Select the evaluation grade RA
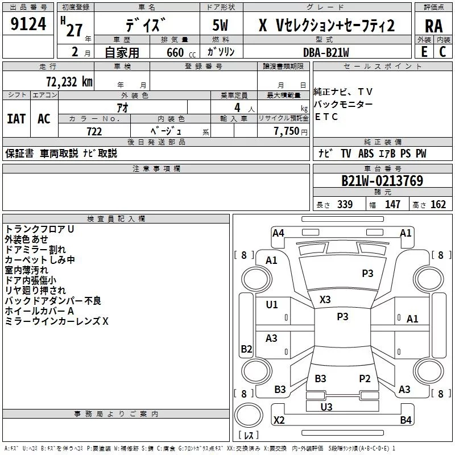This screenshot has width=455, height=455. pyautogui.click(x=433, y=26)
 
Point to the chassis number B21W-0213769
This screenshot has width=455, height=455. pyautogui.click(x=382, y=181)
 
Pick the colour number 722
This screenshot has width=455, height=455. pyautogui.click(x=94, y=131)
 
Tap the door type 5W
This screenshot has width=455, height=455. pyautogui.click(x=221, y=26)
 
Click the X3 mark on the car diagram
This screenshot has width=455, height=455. pyautogui.click(x=325, y=300)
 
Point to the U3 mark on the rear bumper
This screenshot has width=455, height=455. pyautogui.click(x=326, y=407)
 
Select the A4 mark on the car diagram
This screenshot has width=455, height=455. pyautogui.click(x=278, y=233)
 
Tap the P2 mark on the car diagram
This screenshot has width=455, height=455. pyautogui.click(x=365, y=378)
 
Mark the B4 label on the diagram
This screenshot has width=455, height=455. pyautogui.click(x=406, y=420)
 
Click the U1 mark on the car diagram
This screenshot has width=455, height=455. pyautogui.click(x=272, y=305)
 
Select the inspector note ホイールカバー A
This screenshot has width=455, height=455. pyautogui.click(x=39, y=311)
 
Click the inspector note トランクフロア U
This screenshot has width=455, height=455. pyautogui.click(x=39, y=229)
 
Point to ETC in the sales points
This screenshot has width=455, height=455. pyautogui.click(x=326, y=117)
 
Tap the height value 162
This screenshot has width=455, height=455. pyautogui.click(x=438, y=205)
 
